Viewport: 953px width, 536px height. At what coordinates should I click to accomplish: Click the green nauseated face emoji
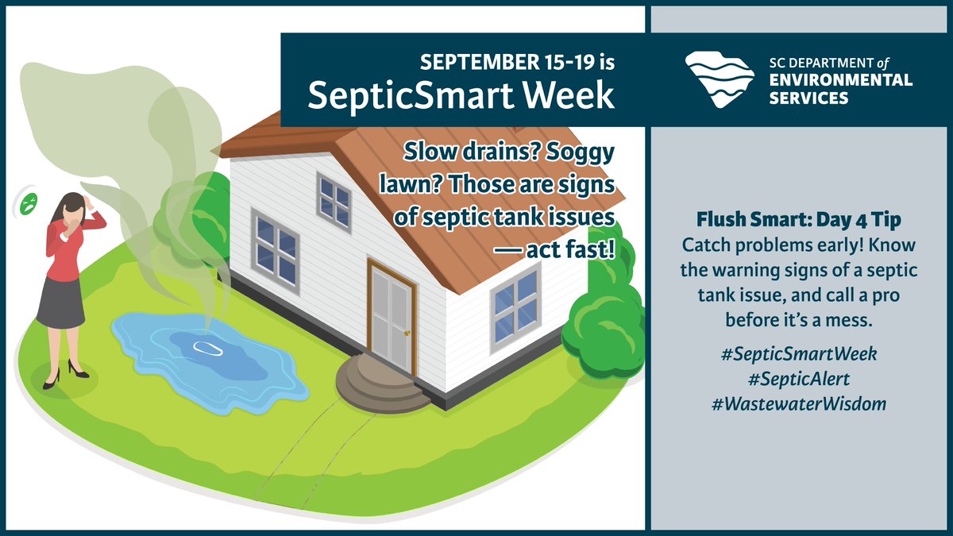[x=29, y=202]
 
